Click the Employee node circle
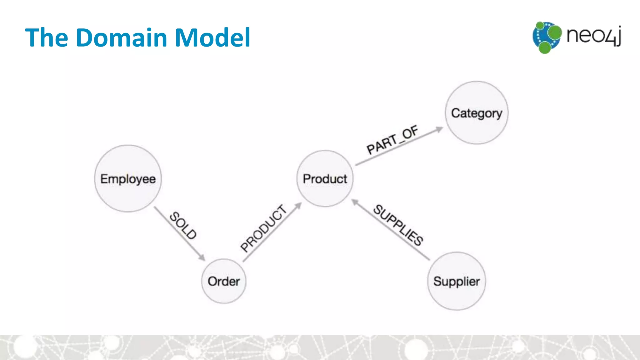(128, 178)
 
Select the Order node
(224, 281)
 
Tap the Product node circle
(325, 178)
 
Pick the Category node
(477, 113)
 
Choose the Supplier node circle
(457, 281)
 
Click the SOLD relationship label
(183, 226)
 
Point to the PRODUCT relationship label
(263, 228)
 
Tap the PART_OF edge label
(392, 140)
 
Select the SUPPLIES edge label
(398, 225)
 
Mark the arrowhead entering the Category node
(439, 129)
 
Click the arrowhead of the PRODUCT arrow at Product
(298, 205)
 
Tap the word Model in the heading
(212, 37)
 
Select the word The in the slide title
(47, 37)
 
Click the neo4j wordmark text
(593, 35)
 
